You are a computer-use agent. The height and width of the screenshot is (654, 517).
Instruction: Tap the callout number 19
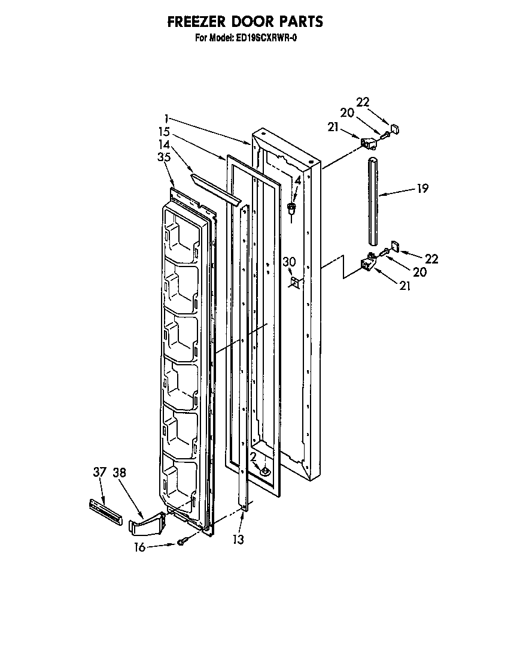422,189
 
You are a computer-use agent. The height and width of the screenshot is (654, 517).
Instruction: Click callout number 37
99,472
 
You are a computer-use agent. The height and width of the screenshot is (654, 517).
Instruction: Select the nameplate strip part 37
105,509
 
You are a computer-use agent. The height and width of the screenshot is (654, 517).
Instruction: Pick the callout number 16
139,547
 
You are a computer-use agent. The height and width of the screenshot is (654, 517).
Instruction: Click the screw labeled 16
183,542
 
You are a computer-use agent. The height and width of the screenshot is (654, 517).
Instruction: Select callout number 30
290,261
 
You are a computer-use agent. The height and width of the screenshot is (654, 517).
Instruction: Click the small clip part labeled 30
293,282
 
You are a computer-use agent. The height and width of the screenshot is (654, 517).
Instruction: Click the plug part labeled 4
292,208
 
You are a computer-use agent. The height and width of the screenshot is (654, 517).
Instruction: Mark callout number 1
165,119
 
